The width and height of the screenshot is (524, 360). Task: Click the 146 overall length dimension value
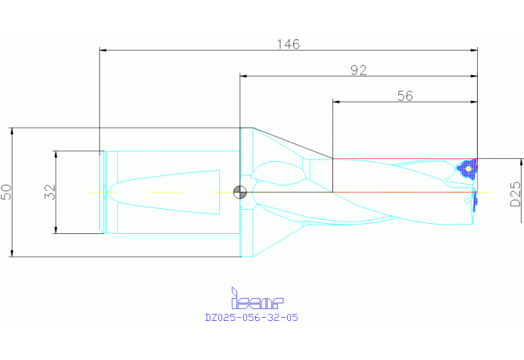[289, 44]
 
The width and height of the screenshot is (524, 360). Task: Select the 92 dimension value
[358, 70]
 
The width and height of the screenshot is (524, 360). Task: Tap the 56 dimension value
[405, 96]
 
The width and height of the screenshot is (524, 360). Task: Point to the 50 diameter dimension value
[7, 192]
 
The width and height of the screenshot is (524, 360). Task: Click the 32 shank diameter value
[50, 192]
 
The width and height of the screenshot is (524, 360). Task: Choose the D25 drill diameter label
[515, 193]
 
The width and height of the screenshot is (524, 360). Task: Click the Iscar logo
[257, 298]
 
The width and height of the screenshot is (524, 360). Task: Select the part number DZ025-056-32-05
[252, 317]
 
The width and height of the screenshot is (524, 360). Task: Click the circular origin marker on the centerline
[239, 193]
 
